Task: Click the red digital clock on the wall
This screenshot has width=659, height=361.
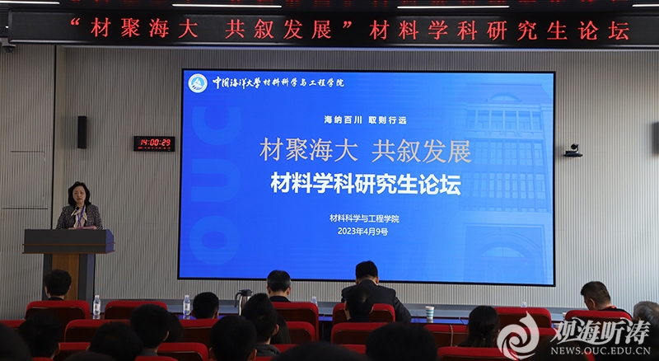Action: [154, 143]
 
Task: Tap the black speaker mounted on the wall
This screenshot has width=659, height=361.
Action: [82, 132]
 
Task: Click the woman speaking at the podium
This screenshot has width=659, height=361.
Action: [79, 206]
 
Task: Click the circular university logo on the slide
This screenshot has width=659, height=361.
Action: [198, 83]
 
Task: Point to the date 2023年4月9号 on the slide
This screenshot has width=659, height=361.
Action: [363, 232]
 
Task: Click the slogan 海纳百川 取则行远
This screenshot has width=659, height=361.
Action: [365, 120]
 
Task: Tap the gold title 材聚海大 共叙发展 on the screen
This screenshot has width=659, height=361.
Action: [365, 152]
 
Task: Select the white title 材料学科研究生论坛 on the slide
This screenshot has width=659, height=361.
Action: [366, 184]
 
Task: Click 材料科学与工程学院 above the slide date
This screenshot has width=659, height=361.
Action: [364, 218]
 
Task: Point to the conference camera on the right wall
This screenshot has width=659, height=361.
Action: [573, 151]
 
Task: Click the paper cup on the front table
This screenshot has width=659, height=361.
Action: [429, 313]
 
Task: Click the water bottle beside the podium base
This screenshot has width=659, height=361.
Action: [96, 307]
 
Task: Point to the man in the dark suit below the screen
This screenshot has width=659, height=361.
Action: [375, 291]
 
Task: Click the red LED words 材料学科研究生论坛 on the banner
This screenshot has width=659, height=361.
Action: [499, 30]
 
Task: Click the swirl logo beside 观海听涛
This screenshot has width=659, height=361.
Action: [519, 336]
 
